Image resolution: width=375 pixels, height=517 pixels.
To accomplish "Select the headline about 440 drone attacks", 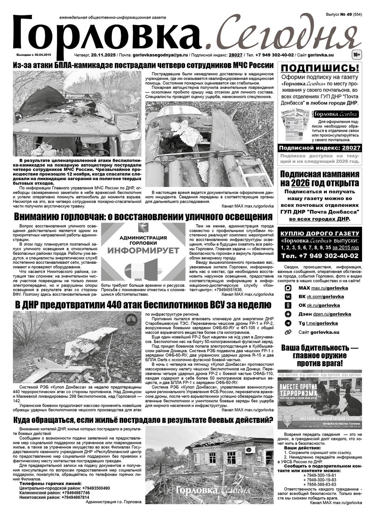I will click(x=137, y=305).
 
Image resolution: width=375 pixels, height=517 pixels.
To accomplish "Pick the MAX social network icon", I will click(x=288, y=288).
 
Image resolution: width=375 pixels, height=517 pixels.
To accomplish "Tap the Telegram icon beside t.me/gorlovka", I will click(x=288, y=323).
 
